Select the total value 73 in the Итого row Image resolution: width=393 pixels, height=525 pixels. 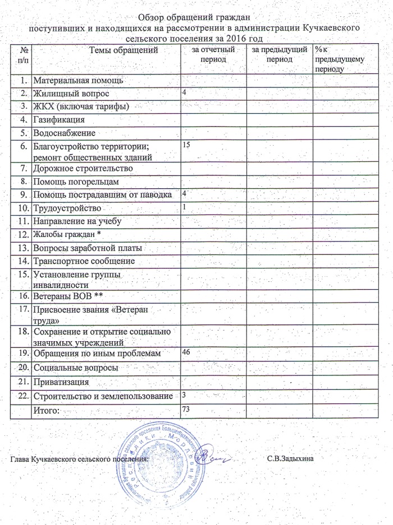click(x=186, y=411)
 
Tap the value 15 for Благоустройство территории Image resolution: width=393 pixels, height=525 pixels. click(x=186, y=145)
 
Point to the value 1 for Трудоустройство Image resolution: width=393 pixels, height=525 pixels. click(x=184, y=207)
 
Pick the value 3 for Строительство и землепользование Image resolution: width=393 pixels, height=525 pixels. click(x=184, y=395)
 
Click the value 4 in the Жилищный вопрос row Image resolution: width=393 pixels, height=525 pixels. click(x=184, y=91)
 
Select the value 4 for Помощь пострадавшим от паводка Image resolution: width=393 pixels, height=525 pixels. click(x=184, y=193)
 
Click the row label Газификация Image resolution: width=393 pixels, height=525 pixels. click(x=59, y=120)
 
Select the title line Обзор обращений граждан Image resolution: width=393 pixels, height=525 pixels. click(x=194, y=16)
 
